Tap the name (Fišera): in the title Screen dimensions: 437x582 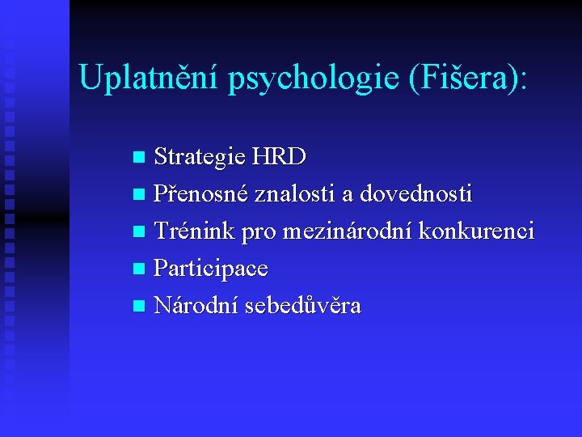(x=470, y=79)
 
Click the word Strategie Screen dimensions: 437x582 (x=200, y=156)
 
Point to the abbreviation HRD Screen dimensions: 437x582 (x=280, y=155)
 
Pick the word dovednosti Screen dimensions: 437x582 (x=416, y=194)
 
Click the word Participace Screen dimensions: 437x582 (x=211, y=269)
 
